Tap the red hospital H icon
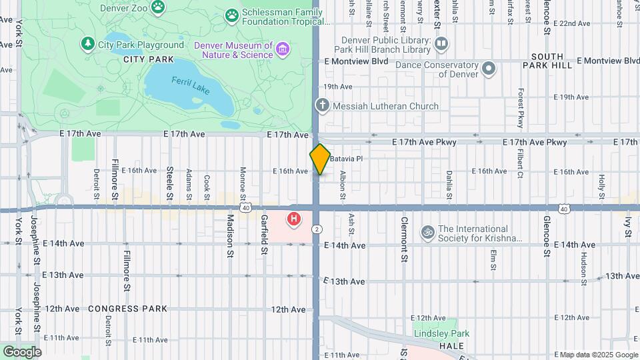293,218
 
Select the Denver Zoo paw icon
158,8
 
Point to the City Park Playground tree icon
87,45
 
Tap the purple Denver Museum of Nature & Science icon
283,49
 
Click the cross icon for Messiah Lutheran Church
322,106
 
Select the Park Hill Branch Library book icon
441,44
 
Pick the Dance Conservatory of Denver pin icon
489,69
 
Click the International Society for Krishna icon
427,233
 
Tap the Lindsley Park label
441,333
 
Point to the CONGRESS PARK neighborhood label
127,309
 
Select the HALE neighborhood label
451,346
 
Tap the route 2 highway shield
317,229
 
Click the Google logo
22,351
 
